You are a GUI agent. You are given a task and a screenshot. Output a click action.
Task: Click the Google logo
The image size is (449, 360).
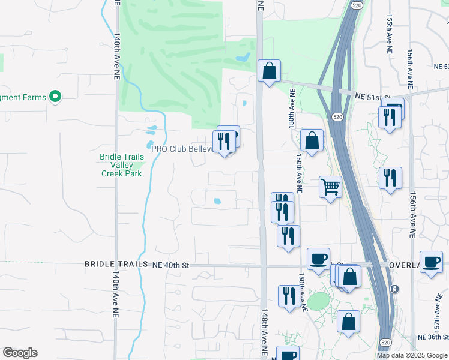click(x=20, y=353)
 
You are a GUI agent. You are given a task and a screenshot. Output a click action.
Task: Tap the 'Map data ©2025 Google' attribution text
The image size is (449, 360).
click(x=412, y=355)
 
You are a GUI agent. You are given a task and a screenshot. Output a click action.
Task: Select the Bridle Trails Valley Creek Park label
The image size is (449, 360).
click(x=121, y=165)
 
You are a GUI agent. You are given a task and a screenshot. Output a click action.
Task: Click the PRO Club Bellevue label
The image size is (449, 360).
click(x=182, y=148)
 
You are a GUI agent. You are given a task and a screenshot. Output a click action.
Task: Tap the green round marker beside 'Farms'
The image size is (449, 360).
click(x=55, y=97)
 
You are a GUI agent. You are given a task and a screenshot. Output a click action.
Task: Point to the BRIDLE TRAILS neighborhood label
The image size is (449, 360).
click(x=116, y=264)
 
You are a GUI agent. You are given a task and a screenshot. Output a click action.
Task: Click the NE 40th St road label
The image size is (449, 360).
click(x=171, y=264)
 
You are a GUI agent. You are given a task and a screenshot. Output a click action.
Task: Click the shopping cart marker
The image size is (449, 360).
click(x=330, y=187)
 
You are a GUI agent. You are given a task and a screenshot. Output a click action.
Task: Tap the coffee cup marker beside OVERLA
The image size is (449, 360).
click(x=431, y=262)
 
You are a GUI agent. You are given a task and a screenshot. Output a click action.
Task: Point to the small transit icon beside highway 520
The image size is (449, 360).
click(x=394, y=289)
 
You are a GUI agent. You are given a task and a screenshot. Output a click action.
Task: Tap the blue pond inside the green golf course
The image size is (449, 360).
click(x=243, y=58)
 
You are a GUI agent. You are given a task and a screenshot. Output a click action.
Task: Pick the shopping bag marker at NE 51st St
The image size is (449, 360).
click(x=270, y=71)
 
